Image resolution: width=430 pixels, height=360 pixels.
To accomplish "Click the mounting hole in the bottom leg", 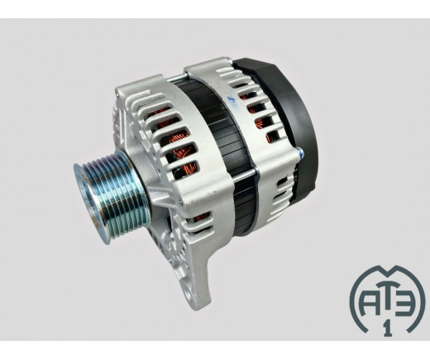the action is tap(191, 295).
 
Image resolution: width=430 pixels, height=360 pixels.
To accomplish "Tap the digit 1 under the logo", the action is tap(388, 329).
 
